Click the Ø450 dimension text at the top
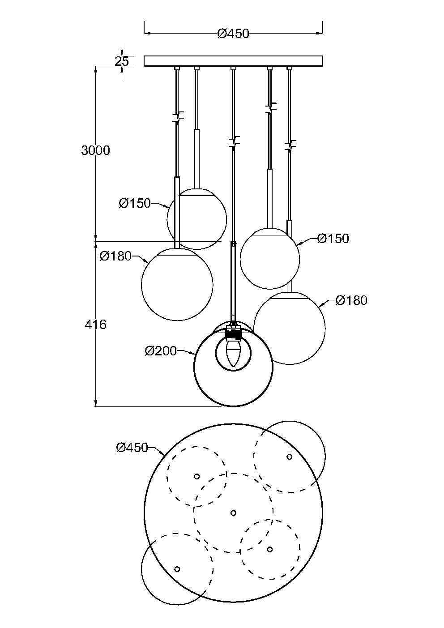(x=233, y=34)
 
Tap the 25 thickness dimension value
(x=121, y=61)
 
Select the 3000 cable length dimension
(x=95, y=150)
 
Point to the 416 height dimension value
(x=95, y=324)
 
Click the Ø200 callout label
(x=161, y=351)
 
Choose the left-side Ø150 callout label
(x=135, y=203)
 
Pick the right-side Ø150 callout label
(x=333, y=239)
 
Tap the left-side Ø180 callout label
(x=116, y=256)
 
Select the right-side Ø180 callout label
(x=351, y=300)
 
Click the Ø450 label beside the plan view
(x=132, y=447)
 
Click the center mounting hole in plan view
(x=233, y=513)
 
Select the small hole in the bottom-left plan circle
(x=177, y=569)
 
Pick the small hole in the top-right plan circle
(x=290, y=457)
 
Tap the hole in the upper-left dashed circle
(x=196, y=476)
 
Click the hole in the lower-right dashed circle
(x=270, y=549)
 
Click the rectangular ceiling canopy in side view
(x=233, y=61)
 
